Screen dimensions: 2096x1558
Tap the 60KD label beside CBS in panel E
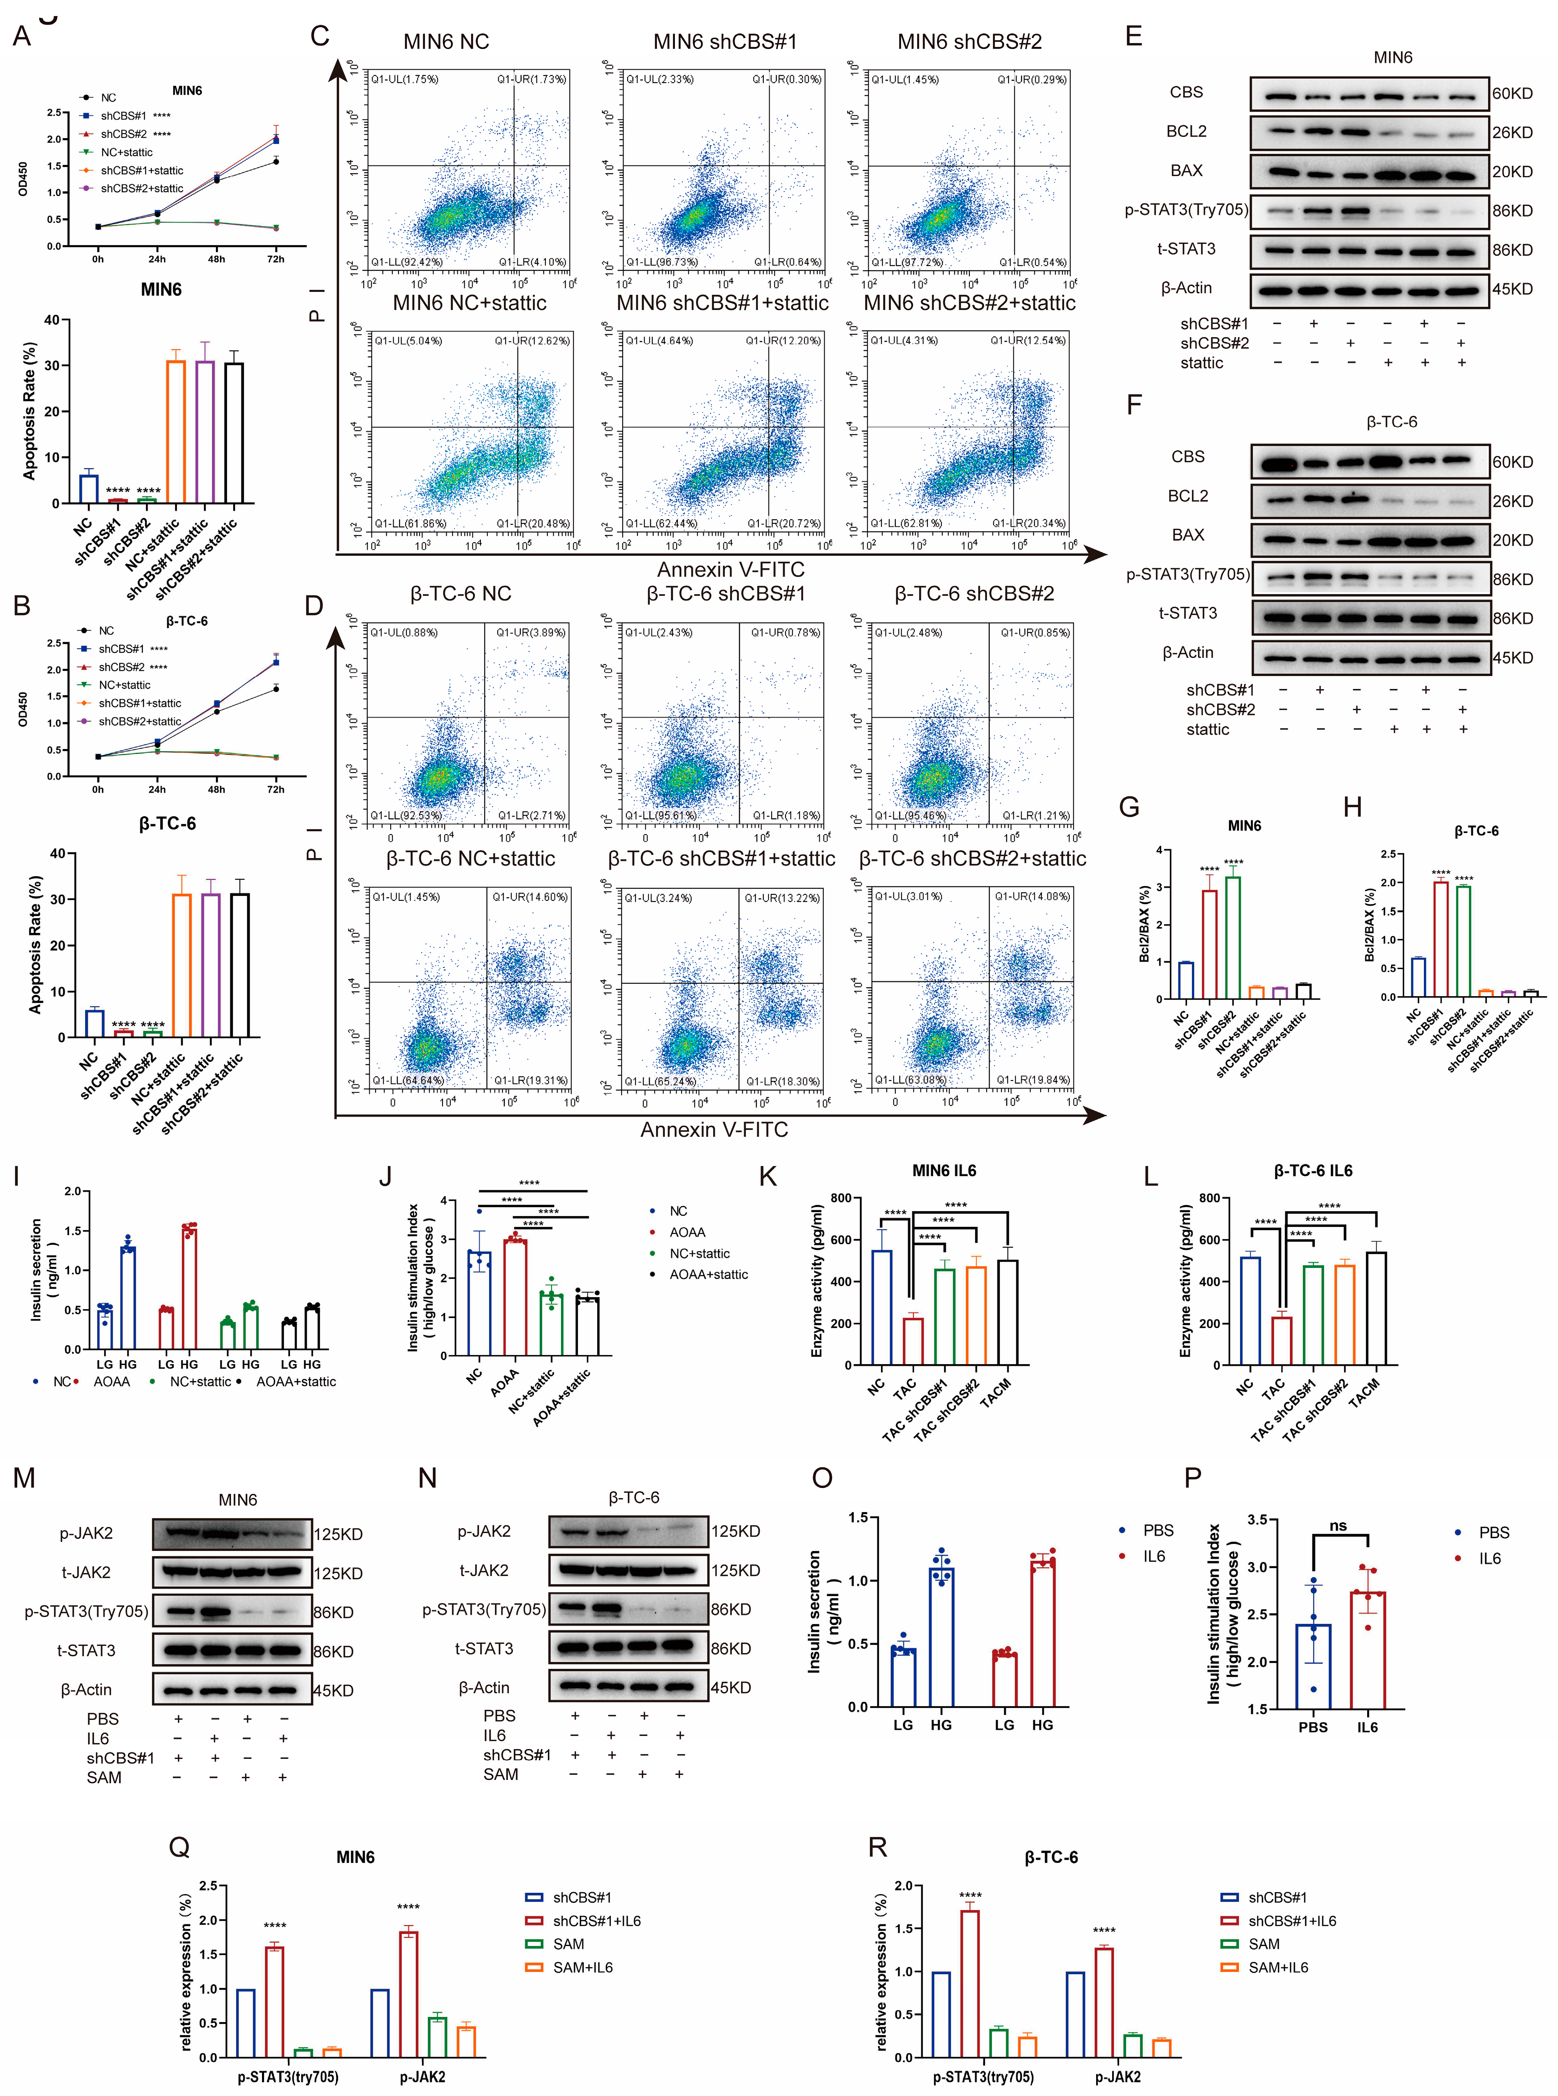[1512, 93]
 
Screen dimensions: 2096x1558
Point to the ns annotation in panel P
[1337, 1526]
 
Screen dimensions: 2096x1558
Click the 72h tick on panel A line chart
[276, 258]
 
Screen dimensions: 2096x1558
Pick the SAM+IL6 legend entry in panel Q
[582, 1967]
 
